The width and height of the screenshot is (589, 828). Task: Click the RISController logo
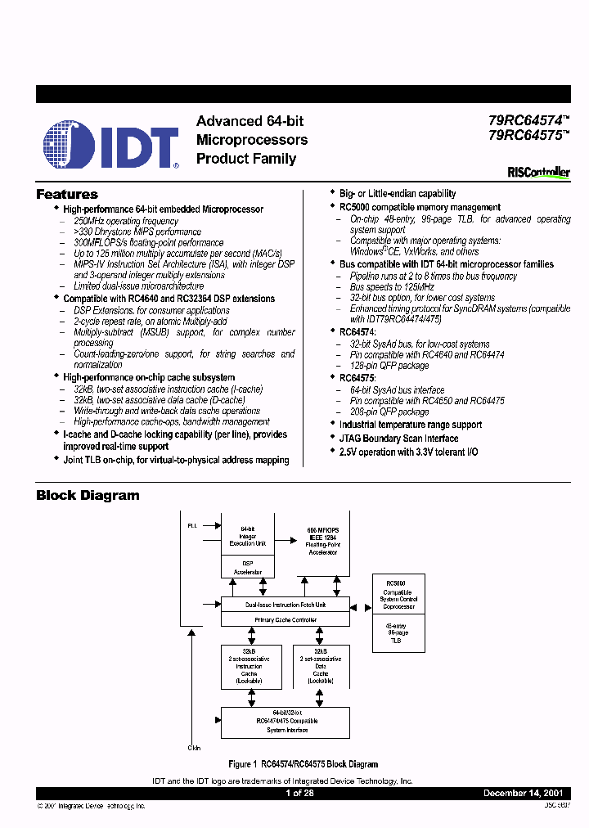[538, 173]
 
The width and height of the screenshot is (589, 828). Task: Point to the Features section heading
[67, 195]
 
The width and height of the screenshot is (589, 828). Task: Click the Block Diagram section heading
[88, 495]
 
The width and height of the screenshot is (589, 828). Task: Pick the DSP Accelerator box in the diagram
[247, 566]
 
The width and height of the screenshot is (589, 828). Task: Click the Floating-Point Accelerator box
[322, 541]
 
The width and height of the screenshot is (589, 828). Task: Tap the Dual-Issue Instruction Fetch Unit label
[284, 605]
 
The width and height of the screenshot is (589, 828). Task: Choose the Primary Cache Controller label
[284, 619]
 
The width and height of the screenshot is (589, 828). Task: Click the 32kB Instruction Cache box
[248, 668]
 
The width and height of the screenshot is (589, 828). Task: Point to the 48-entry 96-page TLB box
[398, 635]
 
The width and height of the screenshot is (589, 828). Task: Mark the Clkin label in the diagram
[193, 747]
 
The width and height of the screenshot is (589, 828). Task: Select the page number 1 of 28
[299, 794]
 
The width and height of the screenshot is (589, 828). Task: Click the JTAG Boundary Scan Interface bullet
[398, 439]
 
